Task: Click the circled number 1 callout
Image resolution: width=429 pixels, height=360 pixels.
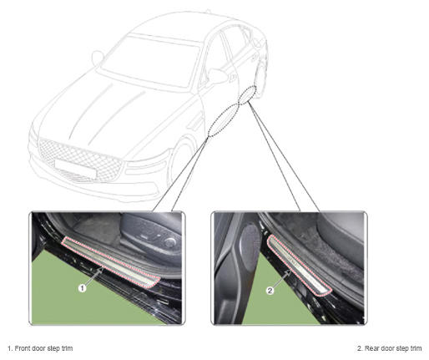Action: point(82,288)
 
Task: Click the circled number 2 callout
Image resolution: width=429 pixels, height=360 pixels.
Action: point(270,291)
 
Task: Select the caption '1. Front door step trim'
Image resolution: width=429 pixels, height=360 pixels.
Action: point(40,348)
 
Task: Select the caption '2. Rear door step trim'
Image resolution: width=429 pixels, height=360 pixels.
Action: point(389,348)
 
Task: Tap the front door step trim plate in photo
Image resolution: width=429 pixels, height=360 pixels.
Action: point(111,261)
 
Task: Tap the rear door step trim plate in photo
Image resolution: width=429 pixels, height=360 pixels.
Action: point(300,265)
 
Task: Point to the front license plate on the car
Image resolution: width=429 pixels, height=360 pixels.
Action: point(75,168)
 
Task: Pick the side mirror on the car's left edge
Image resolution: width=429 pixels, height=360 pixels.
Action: point(98,58)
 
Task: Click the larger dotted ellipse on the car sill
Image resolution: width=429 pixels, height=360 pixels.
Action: point(223,119)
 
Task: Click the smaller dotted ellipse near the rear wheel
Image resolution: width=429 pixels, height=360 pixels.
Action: point(247,95)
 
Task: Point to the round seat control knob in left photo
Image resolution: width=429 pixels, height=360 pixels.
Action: point(169,243)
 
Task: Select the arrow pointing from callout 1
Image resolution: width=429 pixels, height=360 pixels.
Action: point(94,276)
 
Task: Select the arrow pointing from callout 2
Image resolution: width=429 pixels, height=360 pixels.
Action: point(281,279)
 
